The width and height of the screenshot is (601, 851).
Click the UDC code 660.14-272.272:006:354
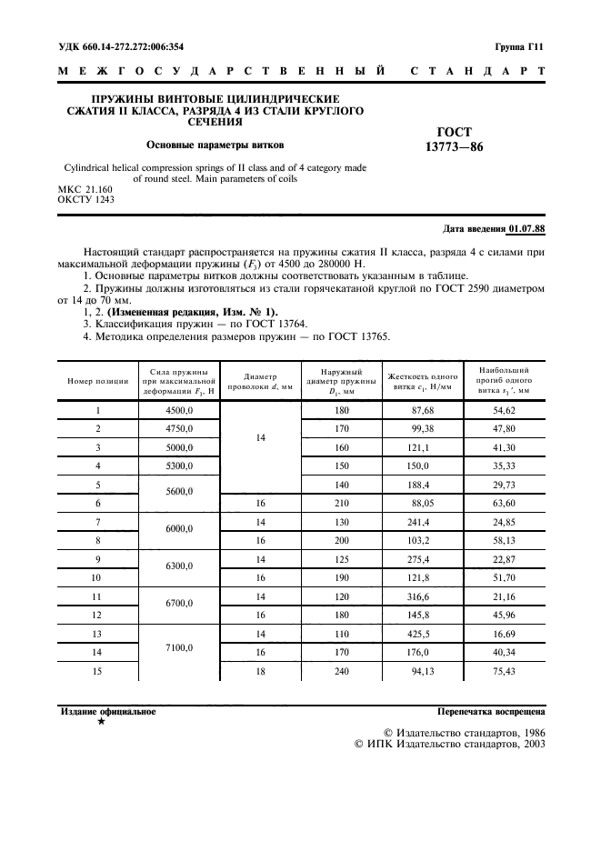(123, 45)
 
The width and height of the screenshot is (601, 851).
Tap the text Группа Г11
(519, 45)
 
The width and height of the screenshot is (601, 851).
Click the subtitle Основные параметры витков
(215, 144)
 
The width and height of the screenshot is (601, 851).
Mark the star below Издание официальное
(100, 721)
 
